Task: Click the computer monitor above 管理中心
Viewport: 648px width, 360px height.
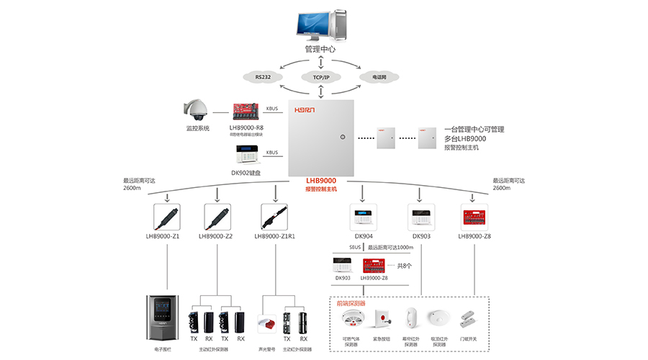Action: [315, 22]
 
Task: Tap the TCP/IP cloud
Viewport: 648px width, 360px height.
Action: [321, 77]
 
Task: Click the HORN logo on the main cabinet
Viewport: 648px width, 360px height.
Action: [310, 110]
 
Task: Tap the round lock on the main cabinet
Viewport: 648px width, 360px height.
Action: [343, 137]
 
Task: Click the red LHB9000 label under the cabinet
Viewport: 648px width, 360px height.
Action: [321, 181]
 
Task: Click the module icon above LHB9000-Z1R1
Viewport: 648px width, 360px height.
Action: [274, 217]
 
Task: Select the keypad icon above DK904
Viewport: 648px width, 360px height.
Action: [363, 217]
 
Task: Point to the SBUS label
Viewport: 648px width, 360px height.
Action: [354, 247]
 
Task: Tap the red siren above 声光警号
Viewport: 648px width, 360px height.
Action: [268, 323]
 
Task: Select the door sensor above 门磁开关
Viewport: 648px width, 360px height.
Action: [472, 318]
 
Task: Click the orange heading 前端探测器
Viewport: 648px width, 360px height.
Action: [351, 304]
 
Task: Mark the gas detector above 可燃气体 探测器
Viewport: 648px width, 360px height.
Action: [351, 319]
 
